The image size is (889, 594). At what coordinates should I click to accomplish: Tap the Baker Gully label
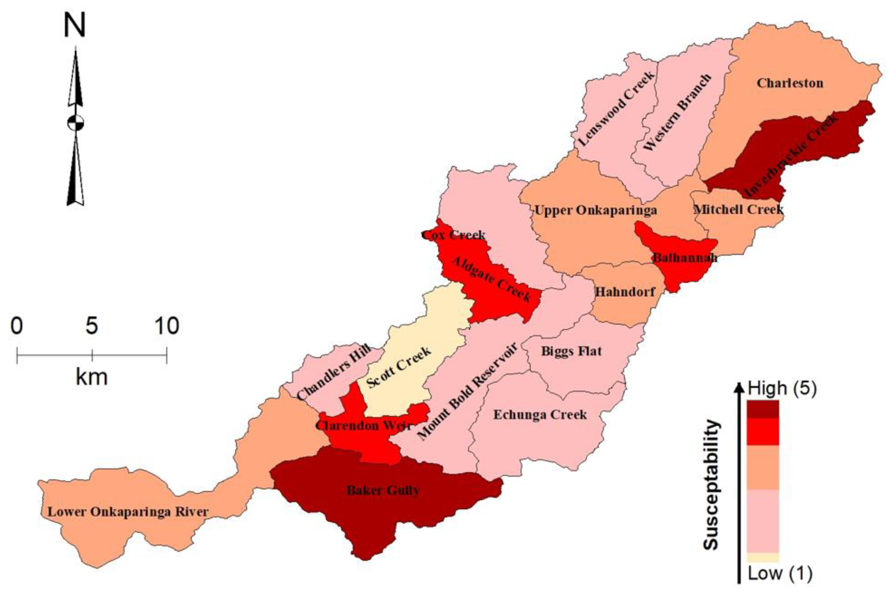click(x=383, y=491)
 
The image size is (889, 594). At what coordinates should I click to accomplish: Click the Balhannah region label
click(x=685, y=258)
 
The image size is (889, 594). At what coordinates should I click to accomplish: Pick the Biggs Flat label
click(x=571, y=351)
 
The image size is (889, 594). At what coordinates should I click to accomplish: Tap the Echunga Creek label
click(x=540, y=415)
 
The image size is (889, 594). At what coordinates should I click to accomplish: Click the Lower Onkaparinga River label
click(x=128, y=512)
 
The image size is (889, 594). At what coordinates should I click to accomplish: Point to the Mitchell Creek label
click(x=738, y=209)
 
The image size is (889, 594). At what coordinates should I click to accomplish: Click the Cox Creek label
click(x=454, y=235)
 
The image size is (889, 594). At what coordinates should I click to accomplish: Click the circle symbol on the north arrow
click(x=75, y=123)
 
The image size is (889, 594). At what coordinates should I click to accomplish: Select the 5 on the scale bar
click(x=92, y=326)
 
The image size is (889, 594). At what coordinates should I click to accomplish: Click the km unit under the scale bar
click(x=92, y=377)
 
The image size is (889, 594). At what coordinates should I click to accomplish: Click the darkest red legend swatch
click(x=763, y=409)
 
